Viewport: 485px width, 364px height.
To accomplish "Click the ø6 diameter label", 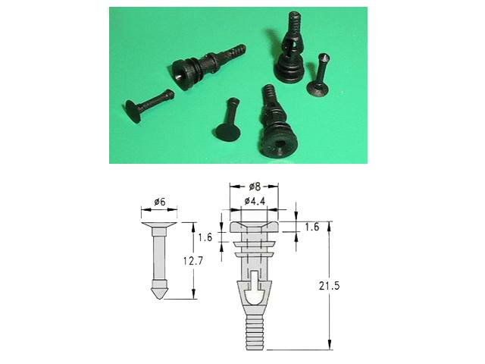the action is coord(160,202).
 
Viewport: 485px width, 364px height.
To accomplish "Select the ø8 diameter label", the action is coord(255,187).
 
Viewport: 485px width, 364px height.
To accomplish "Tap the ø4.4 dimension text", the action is coord(255,201).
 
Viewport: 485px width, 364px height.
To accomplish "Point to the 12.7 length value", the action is coord(192,261).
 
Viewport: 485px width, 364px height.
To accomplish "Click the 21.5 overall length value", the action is coord(329,286).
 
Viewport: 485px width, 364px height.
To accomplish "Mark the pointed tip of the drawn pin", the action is coord(158,299).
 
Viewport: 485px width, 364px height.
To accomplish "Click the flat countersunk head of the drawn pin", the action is coord(159,225).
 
